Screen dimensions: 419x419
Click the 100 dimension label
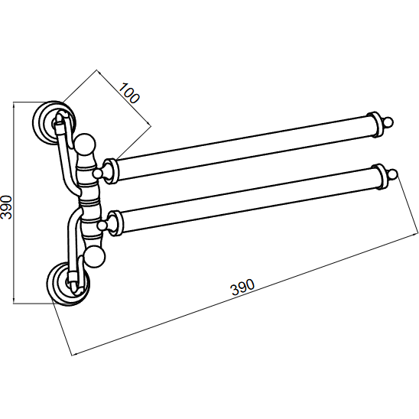(x=128, y=93)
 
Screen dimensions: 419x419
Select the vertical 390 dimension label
(x=6, y=207)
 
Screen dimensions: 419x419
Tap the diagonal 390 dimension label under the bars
(x=242, y=287)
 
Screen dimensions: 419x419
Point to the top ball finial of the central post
(x=84, y=145)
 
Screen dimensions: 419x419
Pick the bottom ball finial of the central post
(x=94, y=257)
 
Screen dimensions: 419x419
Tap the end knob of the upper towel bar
(x=388, y=122)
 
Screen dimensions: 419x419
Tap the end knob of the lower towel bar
(x=393, y=174)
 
